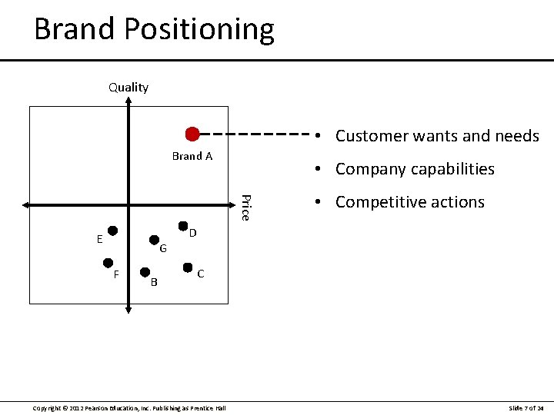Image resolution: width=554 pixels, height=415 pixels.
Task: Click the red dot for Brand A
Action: pos(192,134)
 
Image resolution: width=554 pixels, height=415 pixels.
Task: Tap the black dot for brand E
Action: pos(112,231)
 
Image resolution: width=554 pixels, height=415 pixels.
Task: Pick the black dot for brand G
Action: pos(154,239)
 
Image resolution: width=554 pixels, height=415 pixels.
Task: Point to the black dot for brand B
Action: pos(144,271)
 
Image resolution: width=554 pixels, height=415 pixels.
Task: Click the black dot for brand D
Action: pos(183,226)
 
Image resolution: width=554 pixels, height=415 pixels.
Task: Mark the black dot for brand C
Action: pos(188,267)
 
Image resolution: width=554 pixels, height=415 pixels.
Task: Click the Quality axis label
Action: pos(128,88)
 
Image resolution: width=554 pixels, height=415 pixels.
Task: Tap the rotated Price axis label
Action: pos(244,207)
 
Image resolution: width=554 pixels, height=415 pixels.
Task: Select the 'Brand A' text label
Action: pos(192,156)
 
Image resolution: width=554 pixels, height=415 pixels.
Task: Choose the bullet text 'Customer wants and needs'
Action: pos(437,136)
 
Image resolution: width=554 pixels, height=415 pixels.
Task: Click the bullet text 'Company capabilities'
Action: pos(415,169)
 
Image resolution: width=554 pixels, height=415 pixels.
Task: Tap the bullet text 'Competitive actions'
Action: pos(409,202)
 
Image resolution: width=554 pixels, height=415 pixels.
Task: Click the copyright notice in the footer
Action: pos(129,407)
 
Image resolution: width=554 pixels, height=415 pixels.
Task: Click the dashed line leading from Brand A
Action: pos(254,134)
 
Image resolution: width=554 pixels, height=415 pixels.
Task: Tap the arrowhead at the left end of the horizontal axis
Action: pos(26,205)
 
